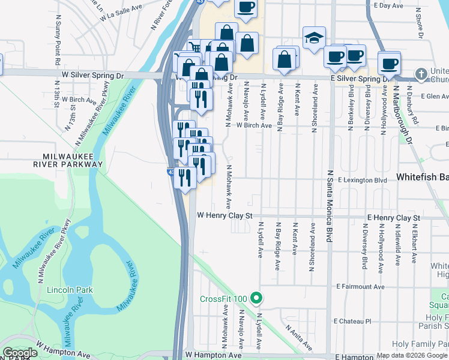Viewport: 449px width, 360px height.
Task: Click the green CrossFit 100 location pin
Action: pyautogui.click(x=256, y=298)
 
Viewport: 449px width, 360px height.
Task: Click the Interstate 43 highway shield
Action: pyautogui.click(x=171, y=172)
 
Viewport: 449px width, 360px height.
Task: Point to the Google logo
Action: pyautogui.click(x=20, y=352)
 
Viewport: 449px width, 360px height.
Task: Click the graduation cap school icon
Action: pyautogui.click(x=314, y=38)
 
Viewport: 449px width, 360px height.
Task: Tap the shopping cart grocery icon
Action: pyautogui.click(x=193, y=48)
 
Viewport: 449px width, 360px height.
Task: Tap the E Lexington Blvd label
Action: pyautogui.click(x=362, y=179)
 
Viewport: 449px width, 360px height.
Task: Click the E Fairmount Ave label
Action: pyautogui.click(x=360, y=287)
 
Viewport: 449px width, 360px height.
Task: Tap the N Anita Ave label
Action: pyautogui.click(x=298, y=338)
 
